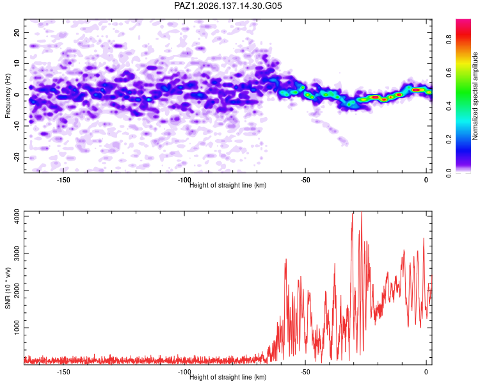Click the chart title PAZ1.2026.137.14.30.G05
click(x=228, y=6)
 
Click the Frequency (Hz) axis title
click(x=8, y=96)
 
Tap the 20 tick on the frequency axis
click(x=17, y=33)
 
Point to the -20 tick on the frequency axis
click(x=17, y=157)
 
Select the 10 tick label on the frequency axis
click(x=17, y=64)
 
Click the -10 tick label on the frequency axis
click(x=17, y=126)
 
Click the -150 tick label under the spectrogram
click(x=63, y=180)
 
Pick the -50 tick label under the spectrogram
click(x=305, y=180)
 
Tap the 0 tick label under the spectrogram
click(x=426, y=180)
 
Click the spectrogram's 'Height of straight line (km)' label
click(x=228, y=185)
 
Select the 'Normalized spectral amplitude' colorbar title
click(x=475, y=96)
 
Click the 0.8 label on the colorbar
click(x=449, y=40)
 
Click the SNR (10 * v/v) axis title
click(x=8, y=288)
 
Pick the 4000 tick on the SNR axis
click(x=17, y=216)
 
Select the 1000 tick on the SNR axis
click(x=17, y=328)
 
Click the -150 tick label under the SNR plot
click(x=63, y=372)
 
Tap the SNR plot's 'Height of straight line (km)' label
click(x=228, y=377)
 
